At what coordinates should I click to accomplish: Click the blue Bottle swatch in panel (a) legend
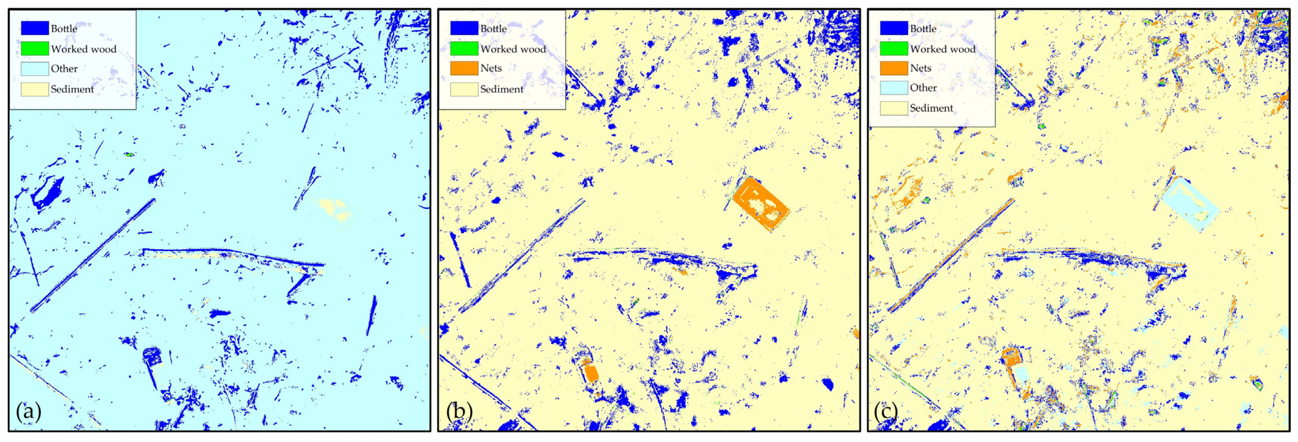click(x=34, y=28)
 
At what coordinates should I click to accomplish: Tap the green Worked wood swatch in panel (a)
click(x=34, y=48)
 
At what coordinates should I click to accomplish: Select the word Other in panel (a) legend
click(x=64, y=69)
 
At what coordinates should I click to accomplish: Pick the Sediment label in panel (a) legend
click(x=72, y=89)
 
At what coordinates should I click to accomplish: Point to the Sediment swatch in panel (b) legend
click(x=464, y=89)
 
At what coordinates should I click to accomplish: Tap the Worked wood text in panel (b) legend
click(x=512, y=49)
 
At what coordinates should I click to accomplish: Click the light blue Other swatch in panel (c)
click(x=893, y=88)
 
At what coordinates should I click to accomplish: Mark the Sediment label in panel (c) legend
click(x=931, y=108)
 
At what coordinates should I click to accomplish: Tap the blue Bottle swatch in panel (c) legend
click(x=893, y=28)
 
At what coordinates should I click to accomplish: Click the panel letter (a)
click(x=28, y=412)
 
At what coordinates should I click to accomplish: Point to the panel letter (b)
click(x=459, y=412)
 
